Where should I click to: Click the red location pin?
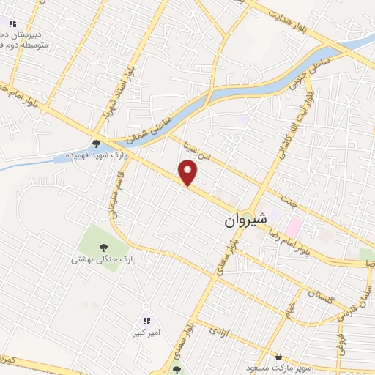(x=188, y=173)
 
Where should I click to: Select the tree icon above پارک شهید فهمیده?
(x=95, y=144)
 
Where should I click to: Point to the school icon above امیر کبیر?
(x=146, y=320)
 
